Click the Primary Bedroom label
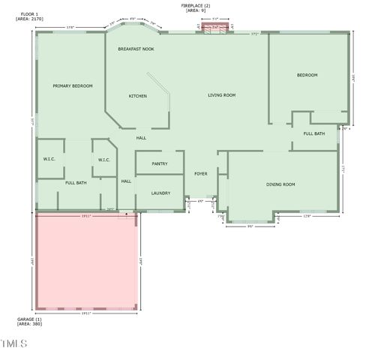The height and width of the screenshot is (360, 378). pos(73,86)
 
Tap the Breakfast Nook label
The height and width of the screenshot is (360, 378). pos(136,49)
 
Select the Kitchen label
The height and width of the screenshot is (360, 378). pos(137,96)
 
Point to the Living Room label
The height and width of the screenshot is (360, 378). pos(222,95)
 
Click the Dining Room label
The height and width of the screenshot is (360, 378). pos(280,184)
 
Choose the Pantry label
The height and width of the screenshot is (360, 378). pos(159,163)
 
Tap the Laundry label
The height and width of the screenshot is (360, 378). pos(160,193)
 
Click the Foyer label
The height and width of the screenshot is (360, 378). pos(201,173)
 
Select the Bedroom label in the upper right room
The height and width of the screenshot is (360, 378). pos(307,75)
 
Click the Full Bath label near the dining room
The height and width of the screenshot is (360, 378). pos(313,133)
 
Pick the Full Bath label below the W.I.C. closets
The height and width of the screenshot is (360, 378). pos(76,183)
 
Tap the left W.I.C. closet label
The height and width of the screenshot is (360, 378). pos(49,159)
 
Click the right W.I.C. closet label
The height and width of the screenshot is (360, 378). pos(104,160)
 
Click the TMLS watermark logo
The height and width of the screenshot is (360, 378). pos(14,344)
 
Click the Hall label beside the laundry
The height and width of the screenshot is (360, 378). pos(126,181)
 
